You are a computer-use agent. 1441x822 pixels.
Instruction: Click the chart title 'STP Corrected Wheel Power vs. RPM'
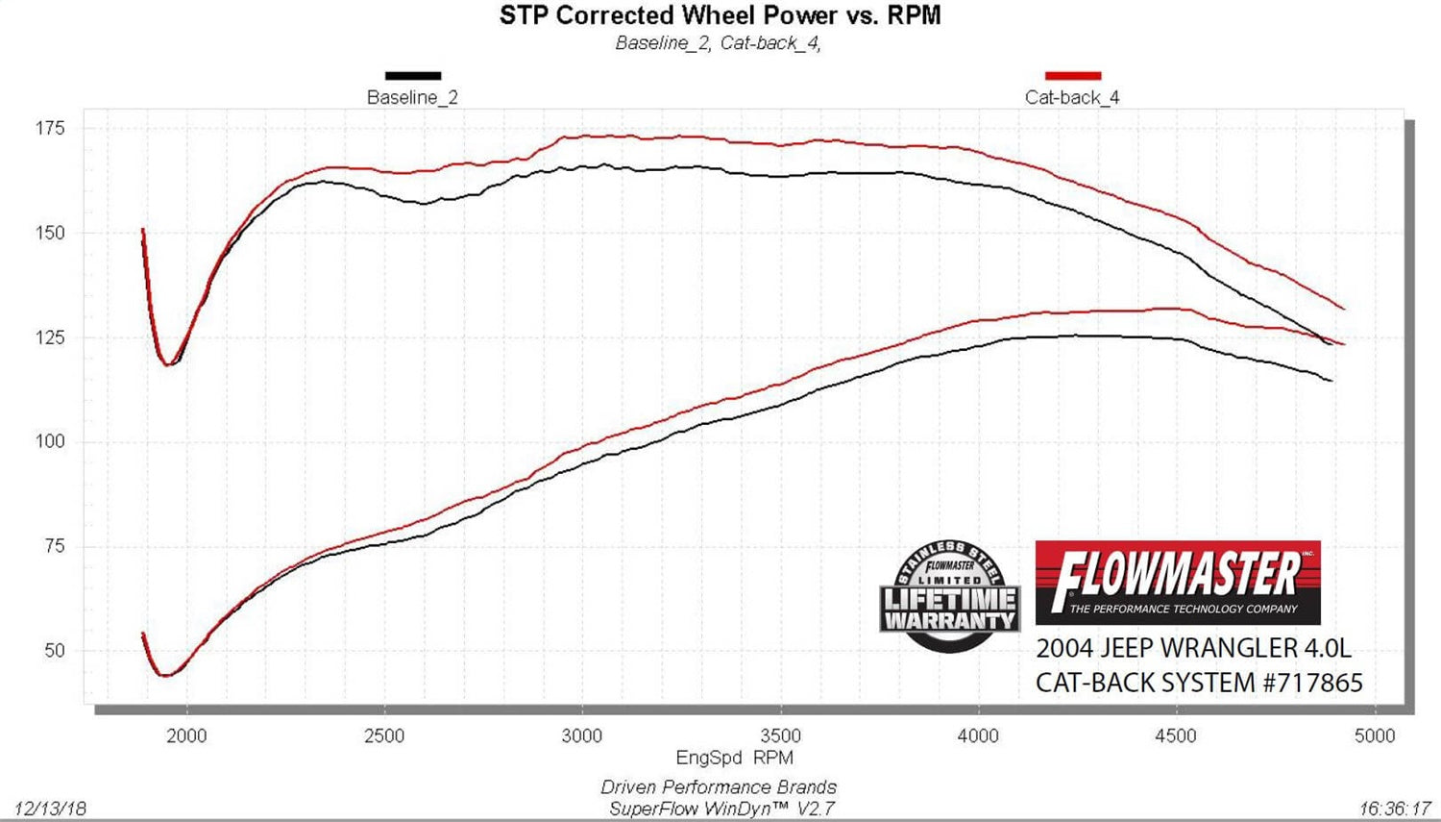[720, 15]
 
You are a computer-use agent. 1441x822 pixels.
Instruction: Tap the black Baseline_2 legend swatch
[413, 75]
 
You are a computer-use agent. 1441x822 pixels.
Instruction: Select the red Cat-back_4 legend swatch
[1072, 75]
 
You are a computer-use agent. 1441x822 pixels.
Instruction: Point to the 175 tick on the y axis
[50, 128]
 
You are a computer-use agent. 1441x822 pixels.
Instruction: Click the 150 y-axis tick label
[50, 233]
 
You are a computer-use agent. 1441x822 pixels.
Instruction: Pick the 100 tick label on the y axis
[50, 441]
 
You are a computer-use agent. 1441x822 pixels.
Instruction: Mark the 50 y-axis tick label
[54, 650]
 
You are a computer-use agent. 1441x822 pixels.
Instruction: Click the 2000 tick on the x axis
[186, 735]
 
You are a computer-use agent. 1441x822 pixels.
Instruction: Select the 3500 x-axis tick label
[780, 735]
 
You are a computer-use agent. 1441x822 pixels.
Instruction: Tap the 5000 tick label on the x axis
[1374, 735]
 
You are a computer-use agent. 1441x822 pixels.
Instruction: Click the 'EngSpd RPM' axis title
[734, 758]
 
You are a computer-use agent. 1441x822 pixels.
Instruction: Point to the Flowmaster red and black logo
[1178, 583]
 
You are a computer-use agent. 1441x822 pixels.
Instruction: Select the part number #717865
[1312, 683]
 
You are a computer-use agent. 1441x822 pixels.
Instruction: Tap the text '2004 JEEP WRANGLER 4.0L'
[1193, 648]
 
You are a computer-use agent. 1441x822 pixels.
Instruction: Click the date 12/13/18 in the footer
[50, 809]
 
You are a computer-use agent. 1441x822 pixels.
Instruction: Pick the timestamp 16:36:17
[1395, 809]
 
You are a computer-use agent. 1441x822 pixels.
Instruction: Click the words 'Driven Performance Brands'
[719, 787]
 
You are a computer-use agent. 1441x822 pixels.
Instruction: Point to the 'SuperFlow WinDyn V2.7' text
[721, 809]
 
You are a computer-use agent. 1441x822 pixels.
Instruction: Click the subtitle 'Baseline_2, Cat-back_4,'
[718, 43]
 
